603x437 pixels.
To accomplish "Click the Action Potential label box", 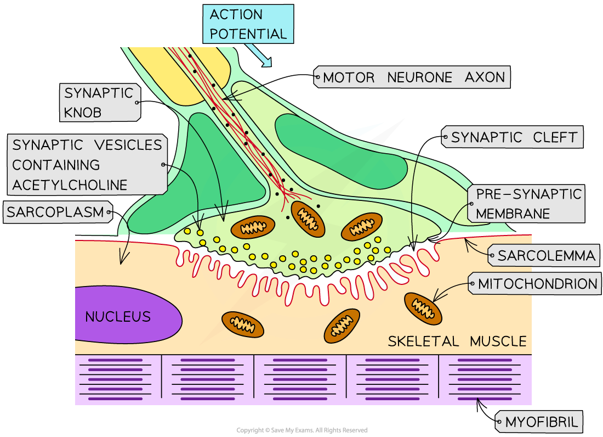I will (x=248, y=24).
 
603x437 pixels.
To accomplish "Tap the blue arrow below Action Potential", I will (x=259, y=55).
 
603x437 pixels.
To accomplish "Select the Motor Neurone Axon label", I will (x=413, y=77).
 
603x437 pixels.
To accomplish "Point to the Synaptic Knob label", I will (x=99, y=102).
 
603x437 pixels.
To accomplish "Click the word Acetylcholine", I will (x=70, y=185).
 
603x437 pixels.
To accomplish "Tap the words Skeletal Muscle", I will (x=457, y=341).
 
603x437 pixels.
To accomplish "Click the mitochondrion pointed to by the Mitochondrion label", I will (x=423, y=308).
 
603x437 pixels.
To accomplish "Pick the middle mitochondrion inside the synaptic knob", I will (x=304, y=216).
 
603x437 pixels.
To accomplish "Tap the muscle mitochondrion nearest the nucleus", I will (x=242, y=324).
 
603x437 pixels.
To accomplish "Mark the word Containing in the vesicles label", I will (x=56, y=165).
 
